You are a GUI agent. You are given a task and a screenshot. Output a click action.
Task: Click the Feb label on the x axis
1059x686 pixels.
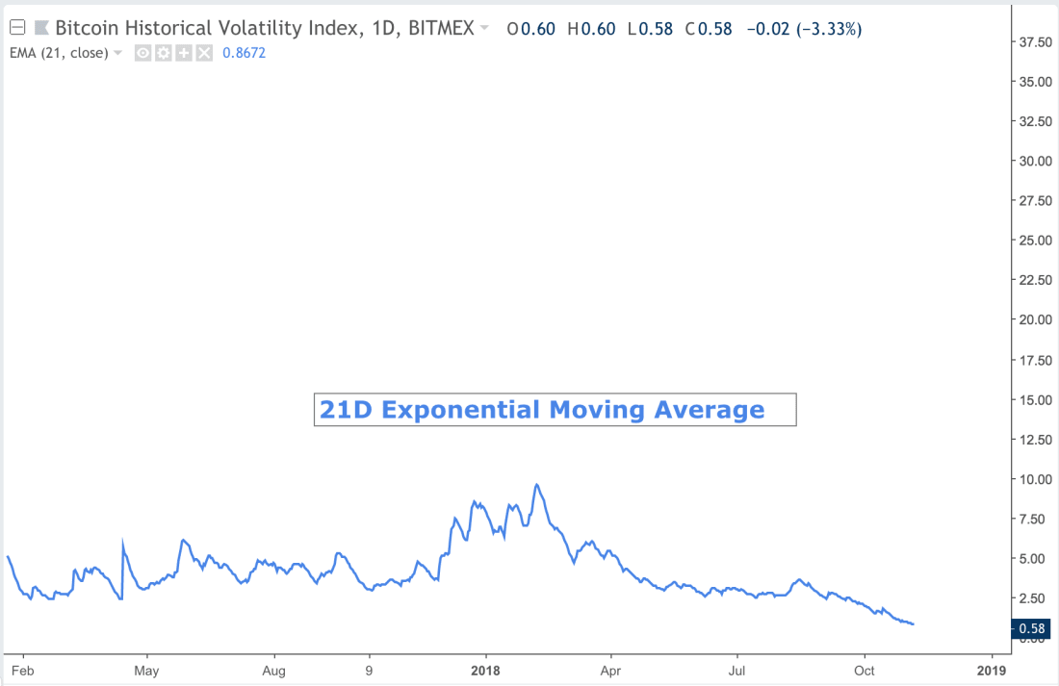pyautogui.click(x=22, y=669)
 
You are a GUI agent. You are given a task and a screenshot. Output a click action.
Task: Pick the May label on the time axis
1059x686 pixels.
pyautogui.click(x=146, y=669)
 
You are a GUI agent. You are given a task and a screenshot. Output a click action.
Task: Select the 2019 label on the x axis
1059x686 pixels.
pyautogui.click(x=991, y=669)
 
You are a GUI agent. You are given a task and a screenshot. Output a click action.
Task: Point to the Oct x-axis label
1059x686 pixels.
pyautogui.click(x=865, y=669)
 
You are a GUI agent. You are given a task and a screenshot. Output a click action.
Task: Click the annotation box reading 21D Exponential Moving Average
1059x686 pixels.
pyautogui.click(x=555, y=410)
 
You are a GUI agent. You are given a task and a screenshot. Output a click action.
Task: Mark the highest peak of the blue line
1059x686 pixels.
pyautogui.click(x=536, y=485)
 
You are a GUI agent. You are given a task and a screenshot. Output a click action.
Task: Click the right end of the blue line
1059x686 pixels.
pyautogui.click(x=913, y=624)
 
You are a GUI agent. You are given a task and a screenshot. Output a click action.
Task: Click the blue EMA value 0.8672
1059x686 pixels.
pyautogui.click(x=244, y=53)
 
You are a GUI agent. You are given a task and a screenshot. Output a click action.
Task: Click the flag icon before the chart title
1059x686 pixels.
pyautogui.click(x=42, y=29)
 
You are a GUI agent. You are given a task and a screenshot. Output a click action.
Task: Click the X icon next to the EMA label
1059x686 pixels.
pyautogui.click(x=204, y=53)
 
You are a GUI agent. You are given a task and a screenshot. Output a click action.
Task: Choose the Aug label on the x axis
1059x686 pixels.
pyautogui.click(x=274, y=669)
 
